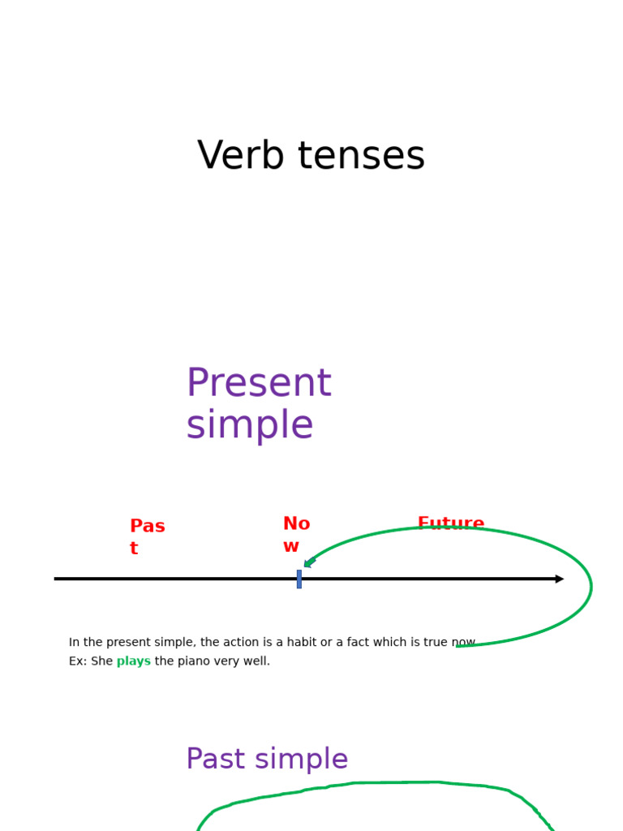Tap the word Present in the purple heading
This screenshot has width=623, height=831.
click(x=258, y=384)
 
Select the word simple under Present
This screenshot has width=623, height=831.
click(x=249, y=426)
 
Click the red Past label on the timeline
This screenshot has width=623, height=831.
click(x=147, y=536)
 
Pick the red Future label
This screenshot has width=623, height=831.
click(x=450, y=523)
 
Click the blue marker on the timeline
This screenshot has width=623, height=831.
click(x=299, y=579)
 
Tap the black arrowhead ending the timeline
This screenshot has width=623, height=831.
click(x=560, y=579)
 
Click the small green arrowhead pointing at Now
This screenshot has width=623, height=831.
click(x=309, y=562)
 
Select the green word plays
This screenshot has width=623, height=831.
click(x=133, y=661)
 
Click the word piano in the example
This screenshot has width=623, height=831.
click(x=195, y=661)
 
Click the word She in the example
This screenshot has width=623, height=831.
click(x=102, y=661)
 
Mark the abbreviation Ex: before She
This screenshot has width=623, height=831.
click(x=78, y=661)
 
